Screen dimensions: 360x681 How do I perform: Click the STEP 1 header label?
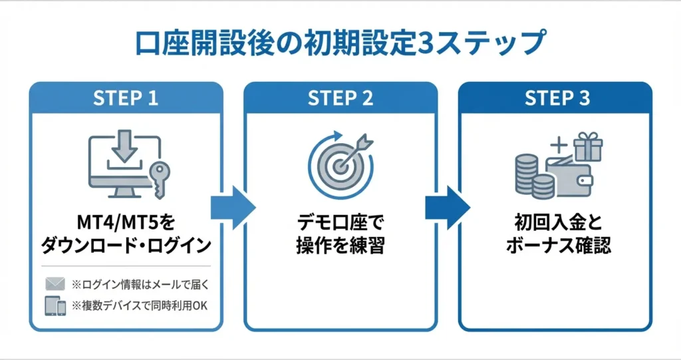[126, 98]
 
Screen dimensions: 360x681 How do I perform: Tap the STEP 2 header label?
[340, 98]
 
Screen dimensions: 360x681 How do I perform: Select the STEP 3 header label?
[557, 98]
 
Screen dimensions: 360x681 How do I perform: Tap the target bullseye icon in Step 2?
[339, 166]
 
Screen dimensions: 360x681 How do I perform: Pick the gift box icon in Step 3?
[587, 146]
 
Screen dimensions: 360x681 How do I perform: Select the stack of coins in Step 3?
[532, 177]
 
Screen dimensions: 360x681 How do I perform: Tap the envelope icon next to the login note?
[55, 284]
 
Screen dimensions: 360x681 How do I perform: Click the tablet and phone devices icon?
[55, 306]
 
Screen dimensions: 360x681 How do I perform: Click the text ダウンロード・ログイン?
[126, 246]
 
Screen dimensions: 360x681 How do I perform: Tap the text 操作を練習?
[340, 246]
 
